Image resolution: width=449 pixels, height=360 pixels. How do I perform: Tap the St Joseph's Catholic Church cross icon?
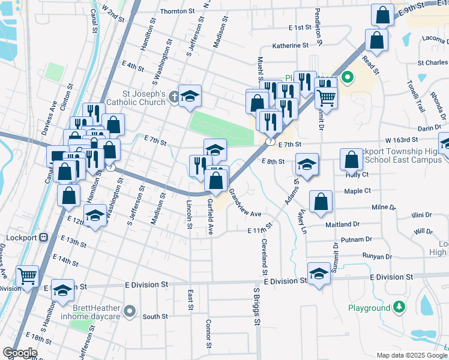pyautogui.click(x=174, y=97)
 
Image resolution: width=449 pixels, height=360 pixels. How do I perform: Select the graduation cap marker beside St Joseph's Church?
pyautogui.click(x=190, y=96)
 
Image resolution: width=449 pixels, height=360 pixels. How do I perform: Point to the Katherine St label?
pyautogui.click(x=290, y=45)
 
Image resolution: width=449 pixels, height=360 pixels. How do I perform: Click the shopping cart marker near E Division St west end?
pyautogui.click(x=27, y=276)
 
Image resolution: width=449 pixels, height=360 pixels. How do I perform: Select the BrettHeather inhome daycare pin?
pyautogui.click(x=130, y=312)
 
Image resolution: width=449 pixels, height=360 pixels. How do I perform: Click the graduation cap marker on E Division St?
pyautogui.click(x=319, y=274)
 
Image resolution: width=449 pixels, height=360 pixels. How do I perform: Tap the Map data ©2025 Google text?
pyautogui.click(x=411, y=355)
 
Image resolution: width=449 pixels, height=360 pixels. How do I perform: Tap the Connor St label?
pyautogui.click(x=208, y=333)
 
